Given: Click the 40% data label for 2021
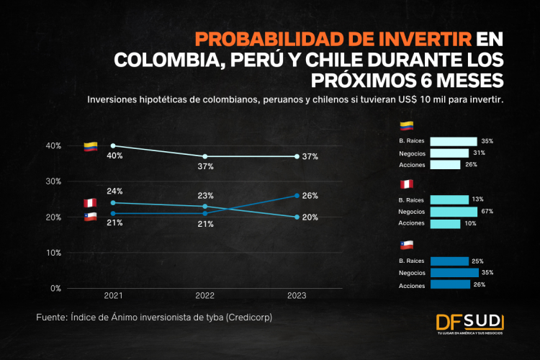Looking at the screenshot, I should pos(115,156).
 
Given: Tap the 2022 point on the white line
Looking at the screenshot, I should pos(205,156).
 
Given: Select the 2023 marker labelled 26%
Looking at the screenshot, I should pos(297,196).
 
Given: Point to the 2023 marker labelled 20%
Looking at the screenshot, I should pos(297,217).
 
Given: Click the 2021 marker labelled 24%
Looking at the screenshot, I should pos(113,202).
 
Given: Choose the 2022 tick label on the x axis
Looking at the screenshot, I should pos(205,296).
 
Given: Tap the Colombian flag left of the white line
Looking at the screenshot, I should pos(90,147).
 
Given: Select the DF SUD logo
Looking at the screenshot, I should pos(472,323).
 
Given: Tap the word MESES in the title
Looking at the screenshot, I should pos(464,78).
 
